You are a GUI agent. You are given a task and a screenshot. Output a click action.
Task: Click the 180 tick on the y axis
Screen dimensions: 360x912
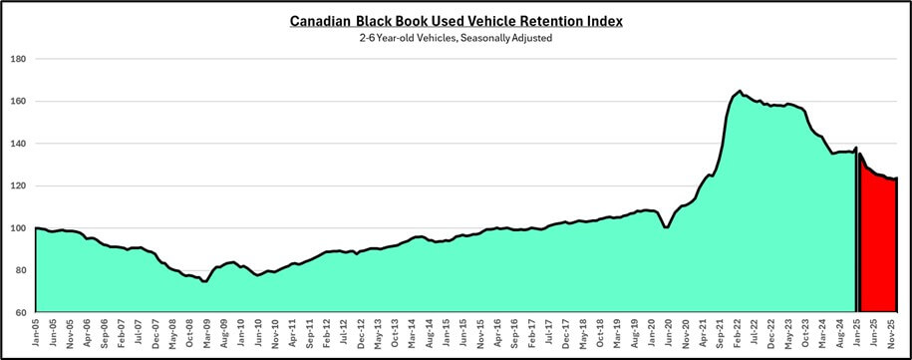[x=18, y=59]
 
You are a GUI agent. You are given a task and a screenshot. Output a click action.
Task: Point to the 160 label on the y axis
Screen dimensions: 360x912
[x=18, y=101]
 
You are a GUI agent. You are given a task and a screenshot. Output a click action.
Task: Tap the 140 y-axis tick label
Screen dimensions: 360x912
[x=18, y=144]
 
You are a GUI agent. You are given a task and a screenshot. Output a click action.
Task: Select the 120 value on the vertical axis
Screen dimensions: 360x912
[x=18, y=185]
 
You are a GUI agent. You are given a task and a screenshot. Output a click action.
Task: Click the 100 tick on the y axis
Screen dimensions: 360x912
[x=18, y=228]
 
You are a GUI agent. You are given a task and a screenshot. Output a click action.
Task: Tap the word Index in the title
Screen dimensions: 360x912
[x=599, y=20]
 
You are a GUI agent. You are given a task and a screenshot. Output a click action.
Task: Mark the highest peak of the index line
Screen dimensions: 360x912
[x=739, y=91]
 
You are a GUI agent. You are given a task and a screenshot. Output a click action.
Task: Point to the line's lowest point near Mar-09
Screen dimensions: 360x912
[x=204, y=282]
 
